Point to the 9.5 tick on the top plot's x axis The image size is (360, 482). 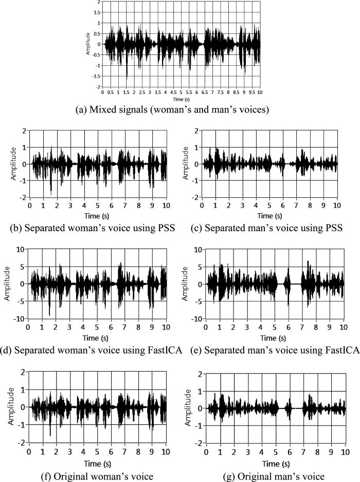click(252, 93)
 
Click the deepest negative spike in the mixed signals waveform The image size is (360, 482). click(127, 77)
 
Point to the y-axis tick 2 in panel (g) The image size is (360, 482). click(196, 373)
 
